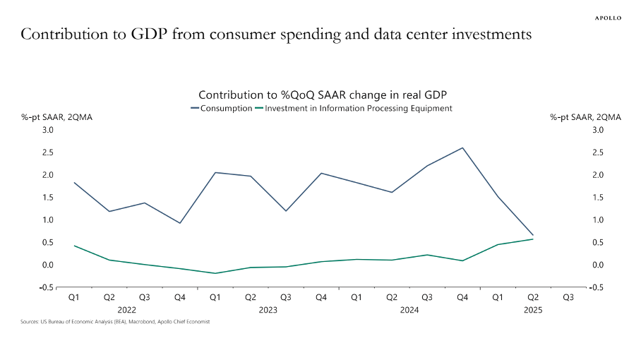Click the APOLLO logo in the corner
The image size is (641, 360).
(x=607, y=18)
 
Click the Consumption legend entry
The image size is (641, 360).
(x=222, y=108)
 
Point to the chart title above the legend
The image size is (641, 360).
(x=323, y=95)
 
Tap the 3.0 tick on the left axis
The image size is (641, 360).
(x=47, y=130)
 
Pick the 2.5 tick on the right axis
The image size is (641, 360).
(x=599, y=152)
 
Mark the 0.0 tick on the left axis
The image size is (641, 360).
(x=47, y=265)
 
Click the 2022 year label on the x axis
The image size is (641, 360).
(x=127, y=309)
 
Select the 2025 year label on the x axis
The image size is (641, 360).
(x=533, y=309)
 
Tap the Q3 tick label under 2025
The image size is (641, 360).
(x=568, y=298)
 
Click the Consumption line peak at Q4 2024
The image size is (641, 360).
(x=462, y=148)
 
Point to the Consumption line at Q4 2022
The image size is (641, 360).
(x=180, y=223)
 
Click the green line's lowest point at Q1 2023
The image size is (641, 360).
(x=215, y=273)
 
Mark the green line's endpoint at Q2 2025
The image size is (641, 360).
(x=533, y=239)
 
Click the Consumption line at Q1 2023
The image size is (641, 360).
(x=215, y=172)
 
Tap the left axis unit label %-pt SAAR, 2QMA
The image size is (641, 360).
(x=56, y=118)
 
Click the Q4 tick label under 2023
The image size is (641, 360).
(x=321, y=298)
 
